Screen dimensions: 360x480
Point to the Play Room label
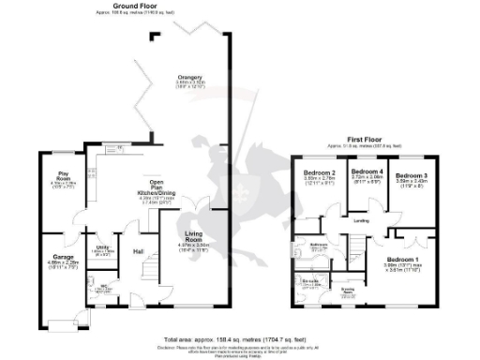click(x=64, y=173)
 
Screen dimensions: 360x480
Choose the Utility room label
click(x=104, y=247)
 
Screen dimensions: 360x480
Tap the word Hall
click(x=138, y=251)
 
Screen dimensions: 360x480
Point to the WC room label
click(x=106, y=285)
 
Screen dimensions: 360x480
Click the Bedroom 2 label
click(x=320, y=172)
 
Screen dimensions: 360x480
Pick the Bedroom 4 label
click(x=366, y=172)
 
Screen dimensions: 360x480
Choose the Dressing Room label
click(x=348, y=292)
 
